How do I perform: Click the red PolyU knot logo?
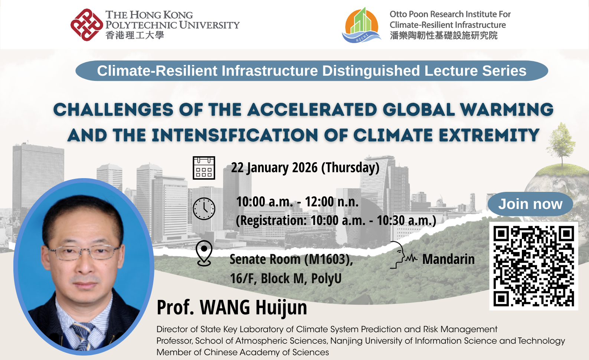pyautogui.click(x=87, y=25)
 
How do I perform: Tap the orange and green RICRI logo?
pyautogui.click(x=361, y=25)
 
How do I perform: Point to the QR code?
pyautogui.click(x=534, y=266)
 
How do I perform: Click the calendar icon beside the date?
pyautogui.click(x=204, y=168)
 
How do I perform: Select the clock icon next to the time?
pyautogui.click(x=204, y=209)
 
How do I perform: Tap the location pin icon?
pyautogui.click(x=204, y=253)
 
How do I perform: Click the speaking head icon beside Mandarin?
pyautogui.click(x=403, y=255)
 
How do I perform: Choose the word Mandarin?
pyautogui.click(x=449, y=259)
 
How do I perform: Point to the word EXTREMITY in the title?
pyautogui.click(x=489, y=135)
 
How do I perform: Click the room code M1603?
pyautogui.click(x=328, y=259)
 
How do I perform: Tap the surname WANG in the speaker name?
pyautogui.click(x=225, y=307)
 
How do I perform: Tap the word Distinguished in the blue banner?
pyautogui.click(x=371, y=71)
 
